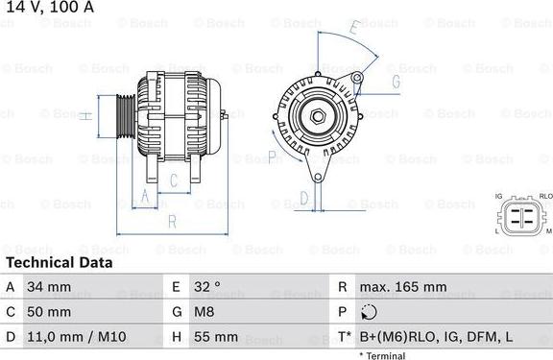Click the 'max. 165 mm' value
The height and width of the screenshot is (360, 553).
pyautogui.click(x=402, y=287)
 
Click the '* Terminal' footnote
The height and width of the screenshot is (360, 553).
pyautogui.click(x=382, y=355)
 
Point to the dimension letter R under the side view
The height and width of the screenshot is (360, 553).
pyautogui.click(x=173, y=221)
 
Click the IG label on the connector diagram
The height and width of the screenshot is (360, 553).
pyautogui.click(x=498, y=196)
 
